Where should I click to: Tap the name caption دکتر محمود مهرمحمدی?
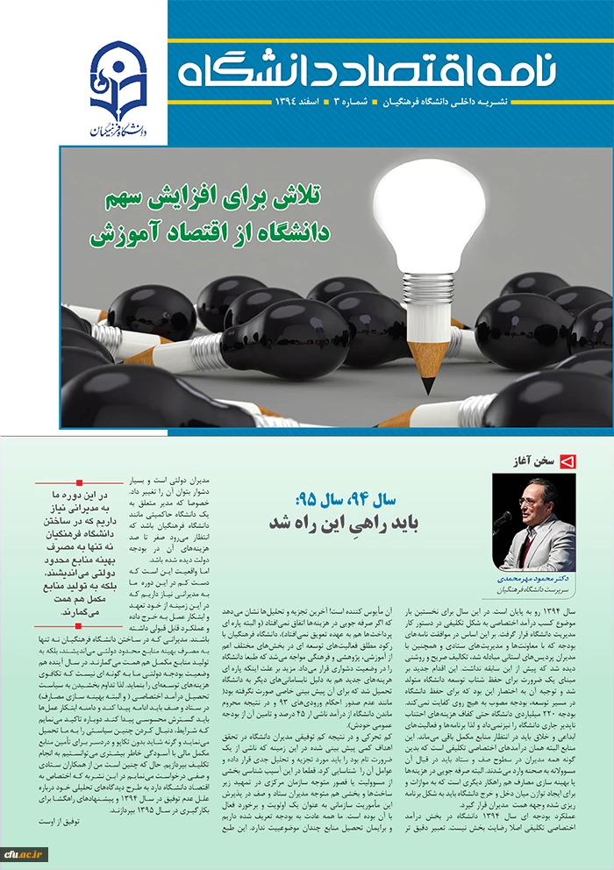tap(533, 580)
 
